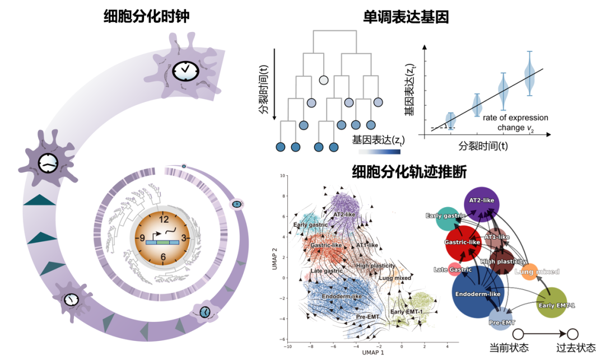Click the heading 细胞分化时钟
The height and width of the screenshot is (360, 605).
pos(146,16)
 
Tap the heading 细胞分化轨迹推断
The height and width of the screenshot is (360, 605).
pos(408,171)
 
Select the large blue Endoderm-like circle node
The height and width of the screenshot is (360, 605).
pos(478,294)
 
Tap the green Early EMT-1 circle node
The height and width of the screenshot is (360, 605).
pos(556,302)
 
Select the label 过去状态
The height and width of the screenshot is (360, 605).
pos(577,348)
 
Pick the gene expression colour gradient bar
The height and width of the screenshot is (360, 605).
pos(379,151)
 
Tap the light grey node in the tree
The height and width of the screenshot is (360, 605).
pos(323,80)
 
